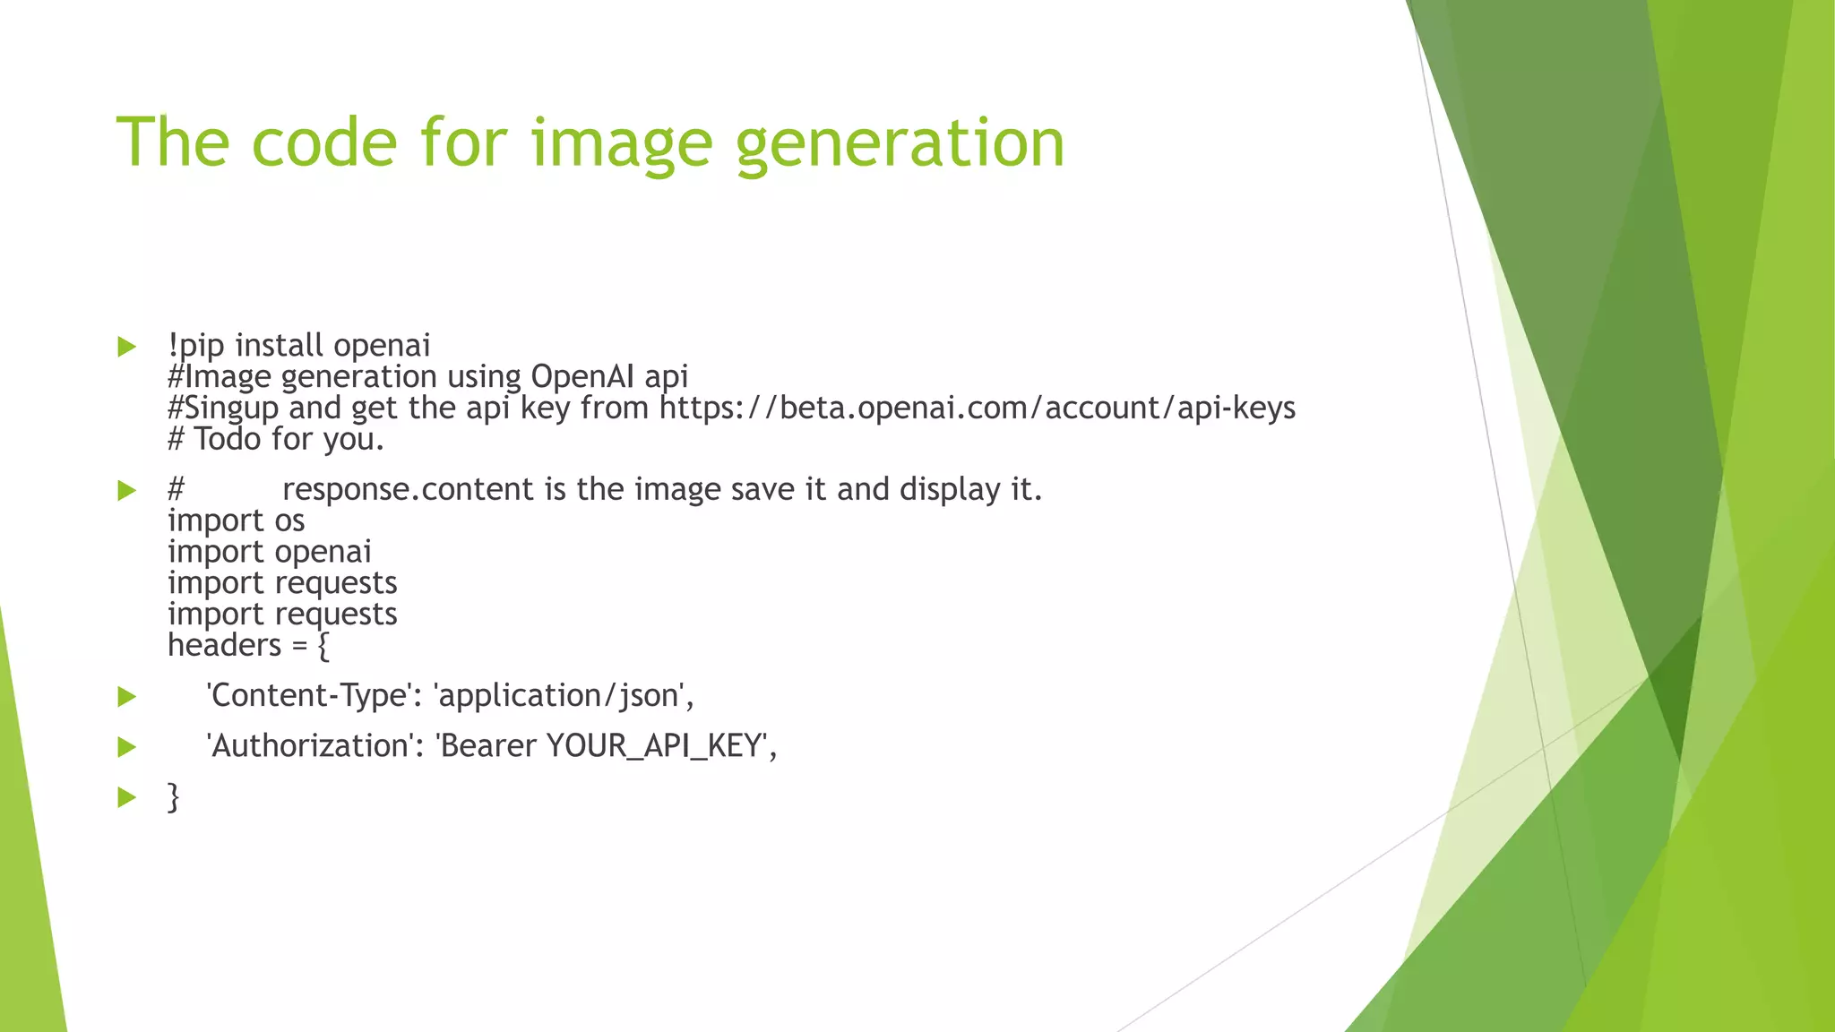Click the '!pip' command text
point(195,346)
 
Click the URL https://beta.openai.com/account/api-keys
point(978,408)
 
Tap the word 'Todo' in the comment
point(228,440)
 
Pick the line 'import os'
point(237,521)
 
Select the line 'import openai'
point(270,553)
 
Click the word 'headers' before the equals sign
point(225,646)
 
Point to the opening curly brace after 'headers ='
point(323,646)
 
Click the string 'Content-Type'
point(307,696)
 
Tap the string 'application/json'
point(559,696)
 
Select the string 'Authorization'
point(309,746)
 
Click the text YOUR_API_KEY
point(653,746)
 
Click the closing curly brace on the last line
point(174,796)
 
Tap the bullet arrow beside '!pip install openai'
point(126,347)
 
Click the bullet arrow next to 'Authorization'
point(126,747)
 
